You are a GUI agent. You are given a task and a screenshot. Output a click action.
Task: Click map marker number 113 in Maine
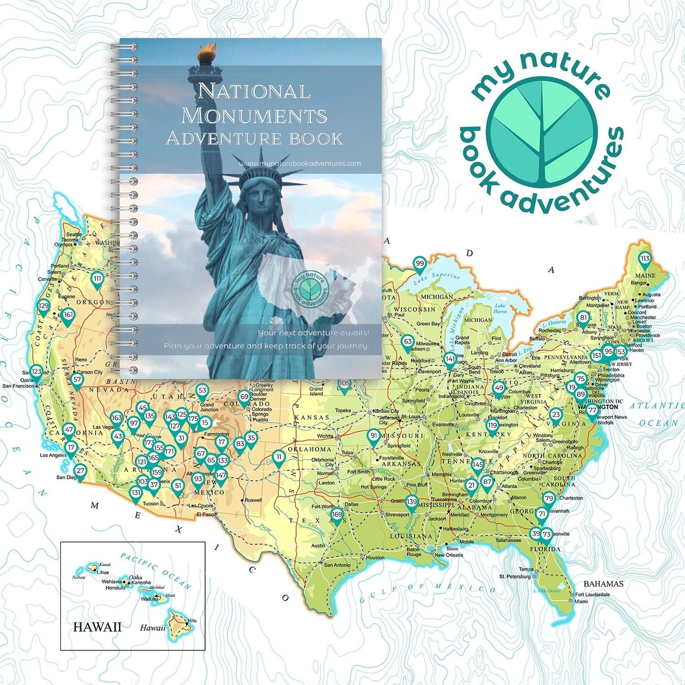(x=645, y=259)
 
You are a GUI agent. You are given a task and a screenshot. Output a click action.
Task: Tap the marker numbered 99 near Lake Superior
(x=420, y=264)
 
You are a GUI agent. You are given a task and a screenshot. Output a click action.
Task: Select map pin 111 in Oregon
(x=97, y=279)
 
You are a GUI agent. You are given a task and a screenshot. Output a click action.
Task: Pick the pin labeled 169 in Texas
(x=337, y=515)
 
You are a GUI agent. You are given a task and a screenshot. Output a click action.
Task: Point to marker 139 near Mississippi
(x=411, y=502)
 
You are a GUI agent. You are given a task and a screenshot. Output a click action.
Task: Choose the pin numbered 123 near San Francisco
(x=37, y=372)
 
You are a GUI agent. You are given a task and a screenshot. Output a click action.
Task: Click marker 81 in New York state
(x=583, y=319)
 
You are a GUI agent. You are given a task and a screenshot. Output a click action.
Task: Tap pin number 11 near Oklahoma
(x=279, y=457)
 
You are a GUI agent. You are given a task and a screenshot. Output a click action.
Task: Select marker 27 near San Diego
(x=80, y=471)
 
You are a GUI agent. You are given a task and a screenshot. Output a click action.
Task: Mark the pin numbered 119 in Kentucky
(x=493, y=426)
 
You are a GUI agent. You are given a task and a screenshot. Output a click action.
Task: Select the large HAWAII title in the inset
(x=97, y=627)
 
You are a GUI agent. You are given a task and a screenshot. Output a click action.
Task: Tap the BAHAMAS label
(x=603, y=584)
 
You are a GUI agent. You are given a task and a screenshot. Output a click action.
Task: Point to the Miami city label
(x=581, y=601)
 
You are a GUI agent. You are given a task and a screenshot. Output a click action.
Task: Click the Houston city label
(x=375, y=557)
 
